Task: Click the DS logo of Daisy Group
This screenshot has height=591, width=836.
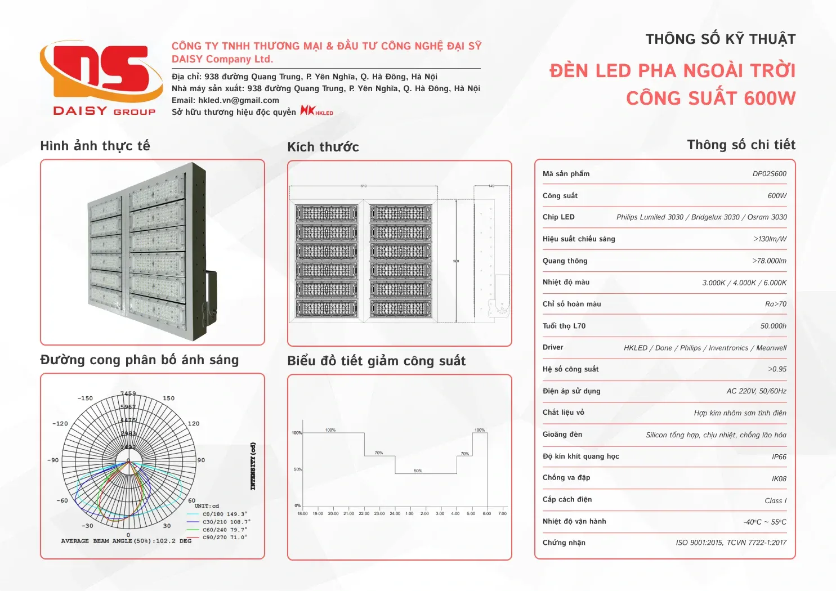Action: point(96,73)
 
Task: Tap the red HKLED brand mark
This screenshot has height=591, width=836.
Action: point(316,111)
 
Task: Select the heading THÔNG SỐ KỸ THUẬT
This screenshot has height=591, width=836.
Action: point(720,39)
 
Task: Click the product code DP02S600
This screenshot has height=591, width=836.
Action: point(769,174)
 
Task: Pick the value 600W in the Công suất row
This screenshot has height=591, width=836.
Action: point(777,196)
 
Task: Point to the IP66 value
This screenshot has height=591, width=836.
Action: point(779,457)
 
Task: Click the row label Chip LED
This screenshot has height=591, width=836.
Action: point(558,217)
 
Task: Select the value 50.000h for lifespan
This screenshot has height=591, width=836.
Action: point(773,326)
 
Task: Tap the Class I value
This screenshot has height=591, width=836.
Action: point(775,501)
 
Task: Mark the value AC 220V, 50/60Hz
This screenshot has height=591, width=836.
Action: point(756,391)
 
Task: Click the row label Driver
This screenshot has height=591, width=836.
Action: point(553,347)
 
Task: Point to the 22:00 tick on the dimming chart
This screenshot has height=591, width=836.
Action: point(364,513)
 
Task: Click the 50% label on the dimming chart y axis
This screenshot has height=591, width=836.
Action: point(297,469)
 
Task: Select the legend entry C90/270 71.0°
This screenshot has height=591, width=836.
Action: point(224,538)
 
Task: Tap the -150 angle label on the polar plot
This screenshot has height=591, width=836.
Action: point(85,399)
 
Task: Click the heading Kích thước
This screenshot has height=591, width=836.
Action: point(323,147)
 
